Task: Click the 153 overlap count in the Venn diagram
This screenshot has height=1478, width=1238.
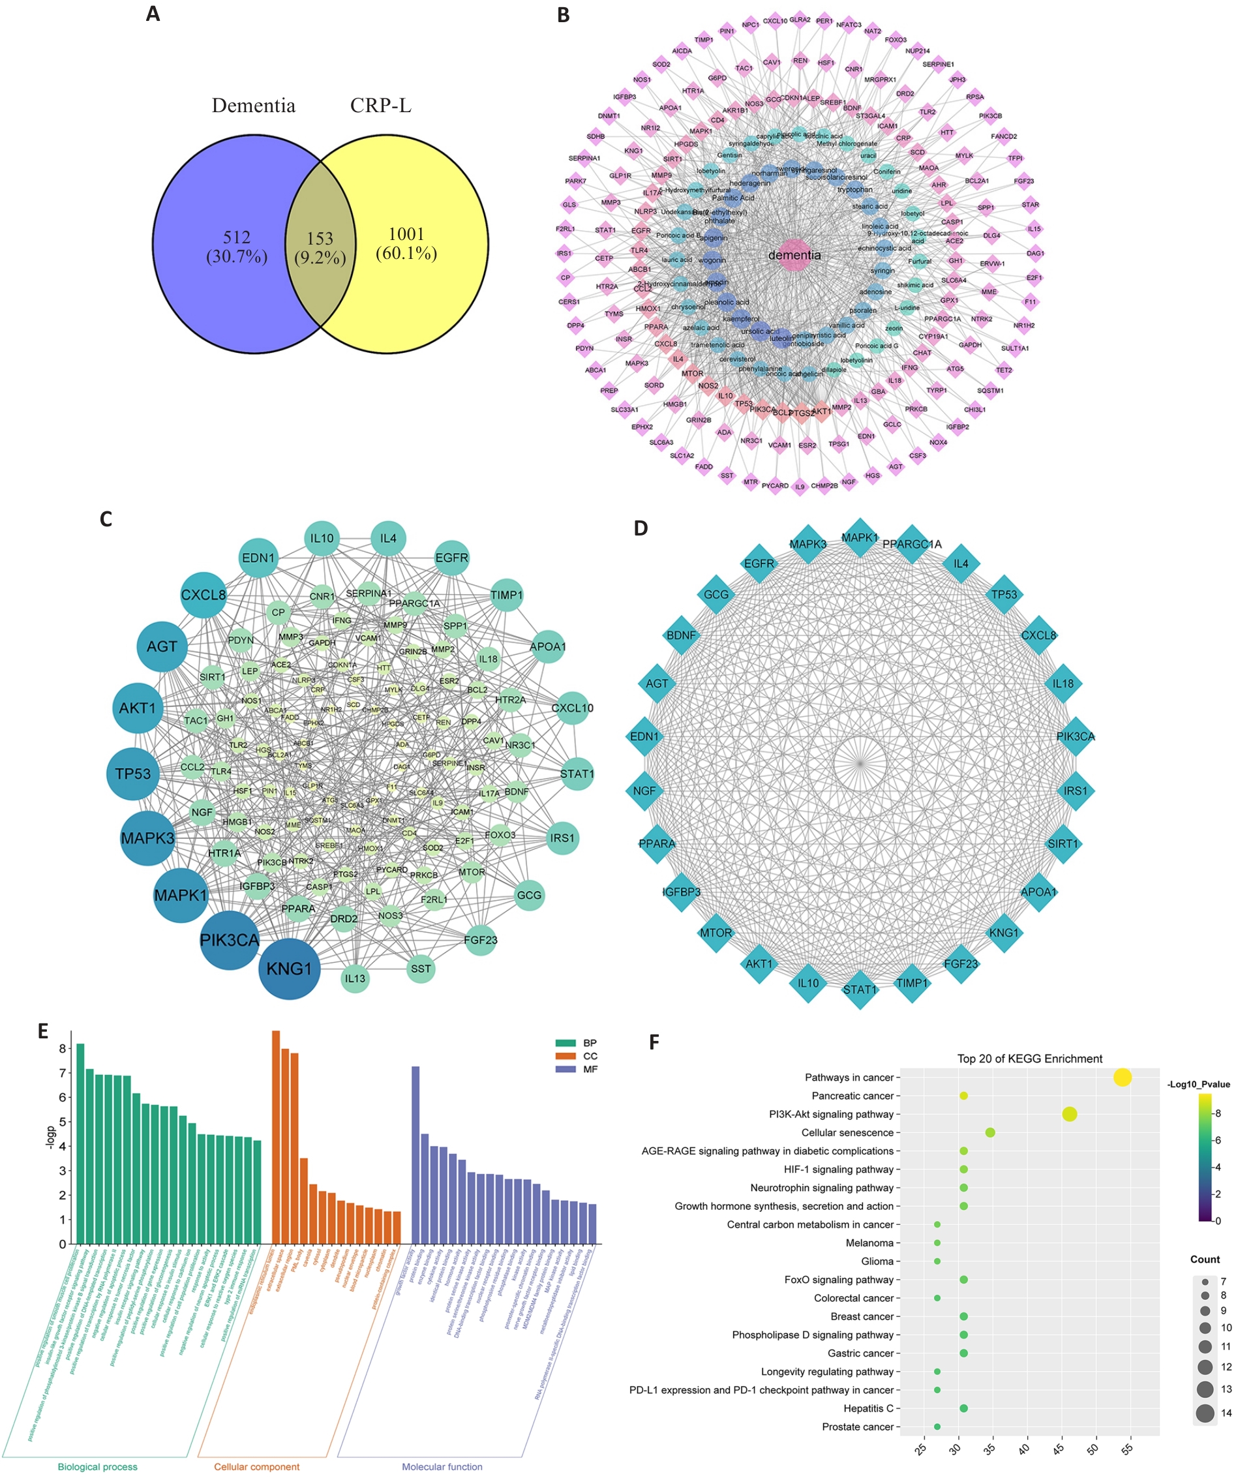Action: [x=320, y=239]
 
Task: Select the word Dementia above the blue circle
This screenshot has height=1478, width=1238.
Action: [x=253, y=106]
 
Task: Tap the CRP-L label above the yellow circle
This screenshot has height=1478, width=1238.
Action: [x=381, y=106]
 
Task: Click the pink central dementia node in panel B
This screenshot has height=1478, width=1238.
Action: [x=794, y=256]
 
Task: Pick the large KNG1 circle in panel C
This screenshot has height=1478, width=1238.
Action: [x=289, y=969]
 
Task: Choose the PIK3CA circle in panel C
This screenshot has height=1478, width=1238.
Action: [x=230, y=941]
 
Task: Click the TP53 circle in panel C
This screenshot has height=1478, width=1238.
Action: [x=133, y=774]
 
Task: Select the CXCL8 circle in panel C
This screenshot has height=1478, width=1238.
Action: [x=204, y=595]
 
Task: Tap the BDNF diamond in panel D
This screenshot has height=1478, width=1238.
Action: [x=680, y=635]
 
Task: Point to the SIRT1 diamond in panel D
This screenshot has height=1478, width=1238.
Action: [x=1062, y=844]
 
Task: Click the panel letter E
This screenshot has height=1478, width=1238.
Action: [x=43, y=1032]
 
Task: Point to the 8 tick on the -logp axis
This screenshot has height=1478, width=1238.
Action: [x=63, y=1049]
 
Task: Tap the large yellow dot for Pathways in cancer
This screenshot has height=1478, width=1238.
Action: [x=1123, y=1078]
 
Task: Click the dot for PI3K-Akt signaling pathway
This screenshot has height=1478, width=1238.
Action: [x=1069, y=1114]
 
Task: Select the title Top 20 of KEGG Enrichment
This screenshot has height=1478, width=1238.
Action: [x=1029, y=1059]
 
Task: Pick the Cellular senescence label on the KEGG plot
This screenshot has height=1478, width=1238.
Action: [x=847, y=1132]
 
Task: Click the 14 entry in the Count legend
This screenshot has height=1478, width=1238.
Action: [x=1205, y=1413]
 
